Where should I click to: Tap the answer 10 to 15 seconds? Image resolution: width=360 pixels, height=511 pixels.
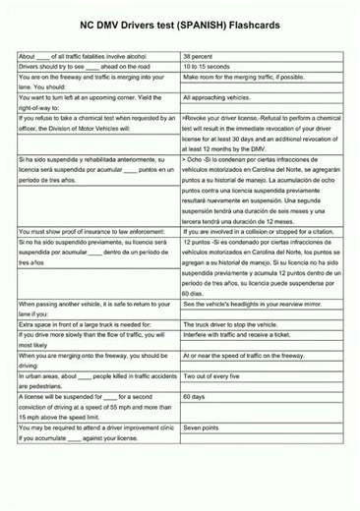coord(210,67)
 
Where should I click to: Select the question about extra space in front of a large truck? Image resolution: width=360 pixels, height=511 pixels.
coord(86,323)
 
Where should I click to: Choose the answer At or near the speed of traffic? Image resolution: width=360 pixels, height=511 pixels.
coord(244,356)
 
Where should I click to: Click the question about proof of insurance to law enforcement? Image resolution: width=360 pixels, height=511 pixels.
coord(90,231)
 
